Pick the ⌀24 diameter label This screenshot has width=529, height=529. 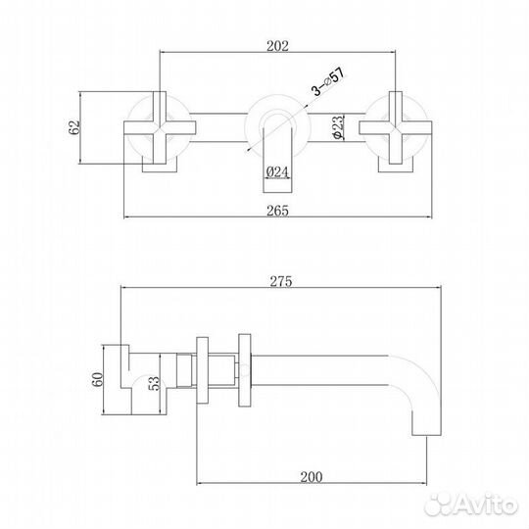(x=275, y=173)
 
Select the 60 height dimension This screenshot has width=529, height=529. (x=100, y=379)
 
